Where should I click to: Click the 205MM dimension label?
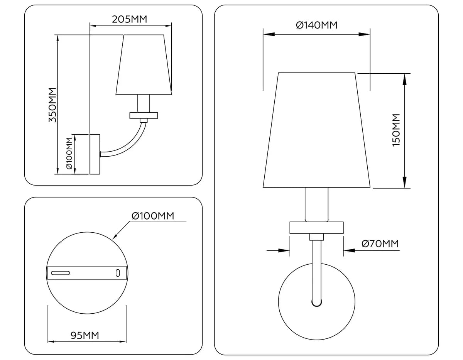pos(129,19)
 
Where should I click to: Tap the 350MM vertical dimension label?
pos(52,105)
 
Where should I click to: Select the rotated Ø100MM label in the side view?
pos(69,153)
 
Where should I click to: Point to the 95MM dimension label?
pos(85,336)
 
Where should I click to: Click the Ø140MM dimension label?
pos(317,25)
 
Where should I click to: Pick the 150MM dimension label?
pos(396,130)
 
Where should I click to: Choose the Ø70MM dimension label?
pos(380,243)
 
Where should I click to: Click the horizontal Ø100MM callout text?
pos(153,216)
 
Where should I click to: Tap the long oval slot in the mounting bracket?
pos(61,273)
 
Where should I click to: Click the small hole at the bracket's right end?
pos(118,273)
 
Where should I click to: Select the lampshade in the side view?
pos(144,64)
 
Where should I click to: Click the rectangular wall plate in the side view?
pos(95,154)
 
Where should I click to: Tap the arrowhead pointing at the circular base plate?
pos(115,237)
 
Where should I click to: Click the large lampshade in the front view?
pos(316,130)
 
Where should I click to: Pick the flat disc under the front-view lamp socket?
pos(316,228)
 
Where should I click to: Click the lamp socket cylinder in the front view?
pos(316,205)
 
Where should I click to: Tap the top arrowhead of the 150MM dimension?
pos(405,79)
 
